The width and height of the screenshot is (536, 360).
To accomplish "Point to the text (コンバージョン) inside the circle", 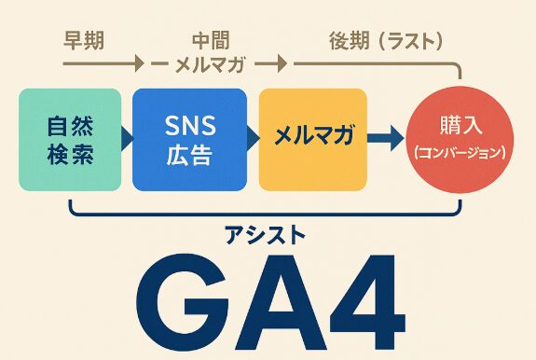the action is tap(460, 151).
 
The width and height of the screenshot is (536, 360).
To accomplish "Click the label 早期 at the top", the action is tap(81, 40).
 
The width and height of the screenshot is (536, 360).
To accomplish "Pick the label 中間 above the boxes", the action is tap(211, 40).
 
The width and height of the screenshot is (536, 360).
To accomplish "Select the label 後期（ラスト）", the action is tap(385, 41).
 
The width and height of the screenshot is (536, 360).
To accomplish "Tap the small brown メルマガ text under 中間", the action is tap(211, 65).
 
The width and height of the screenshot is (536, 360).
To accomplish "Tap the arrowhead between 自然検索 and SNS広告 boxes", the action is tap(127, 138).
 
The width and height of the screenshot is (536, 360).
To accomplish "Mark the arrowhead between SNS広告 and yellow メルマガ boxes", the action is tap(252, 138).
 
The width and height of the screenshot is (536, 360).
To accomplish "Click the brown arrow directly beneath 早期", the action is tap(103, 65).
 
